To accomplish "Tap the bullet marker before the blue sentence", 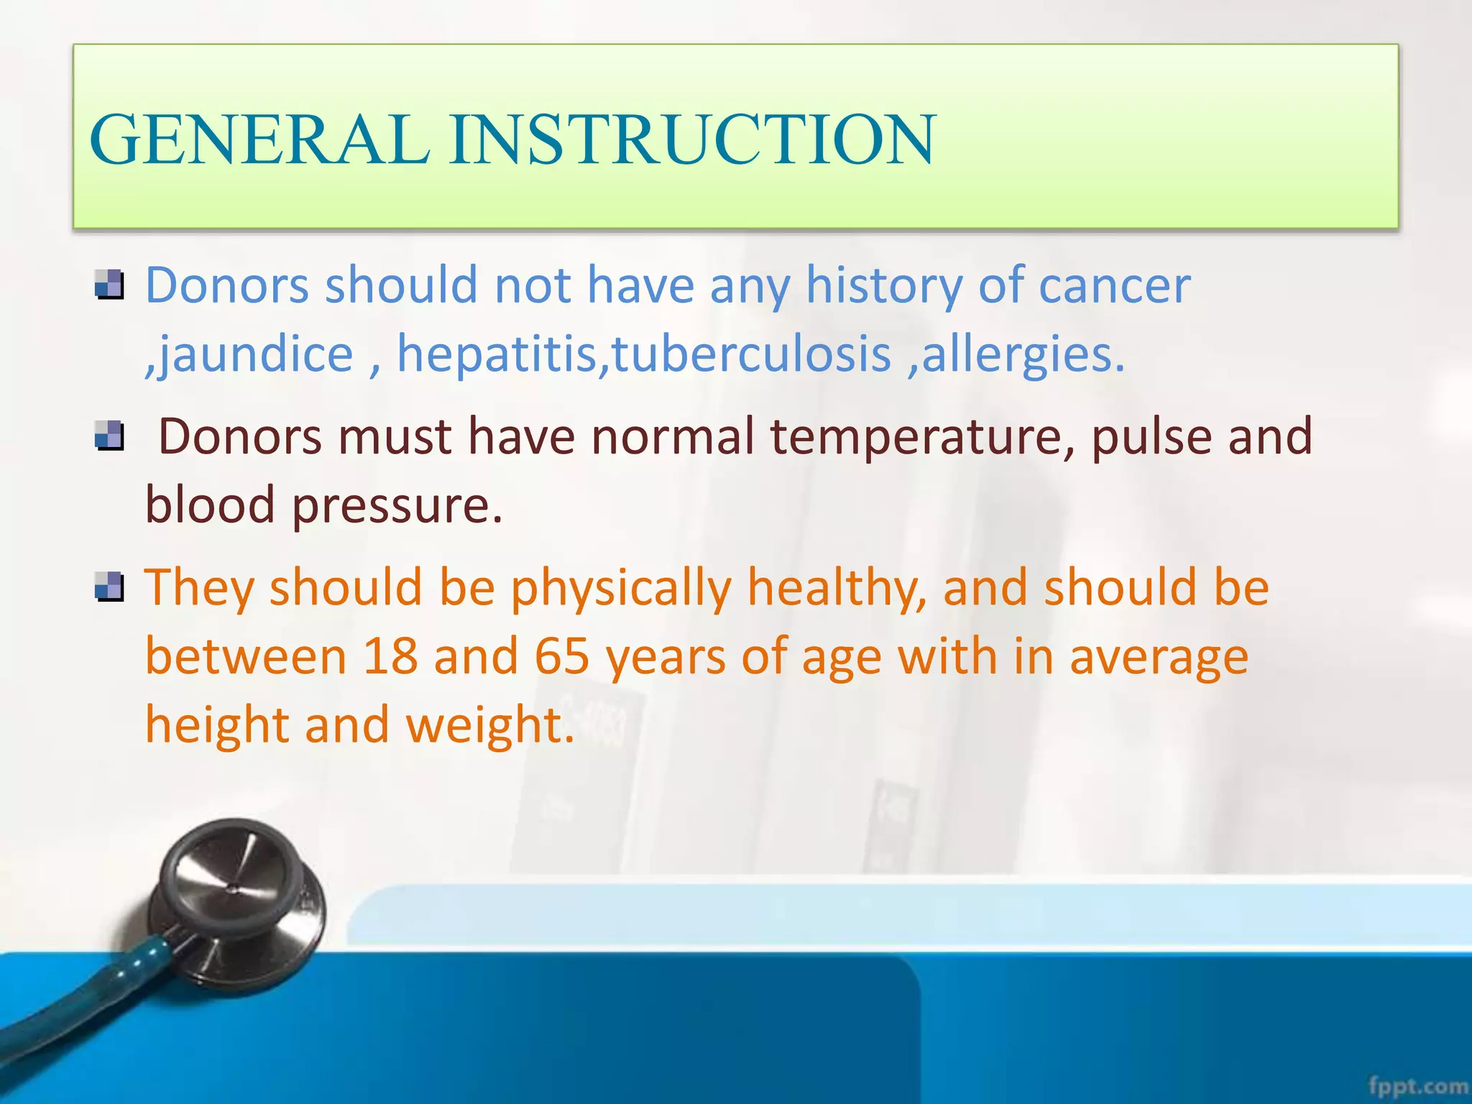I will (109, 285).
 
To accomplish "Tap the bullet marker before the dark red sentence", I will (109, 436).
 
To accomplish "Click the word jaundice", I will (255, 355).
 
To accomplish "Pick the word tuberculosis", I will (752, 355).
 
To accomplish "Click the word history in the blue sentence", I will (883, 286).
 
